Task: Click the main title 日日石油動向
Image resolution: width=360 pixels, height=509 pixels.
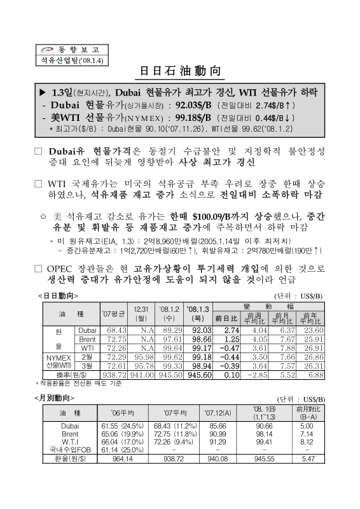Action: point(180,70)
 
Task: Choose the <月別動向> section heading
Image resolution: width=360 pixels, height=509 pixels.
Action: point(58,396)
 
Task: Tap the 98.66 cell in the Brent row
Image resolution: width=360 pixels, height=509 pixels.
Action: point(198,340)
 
